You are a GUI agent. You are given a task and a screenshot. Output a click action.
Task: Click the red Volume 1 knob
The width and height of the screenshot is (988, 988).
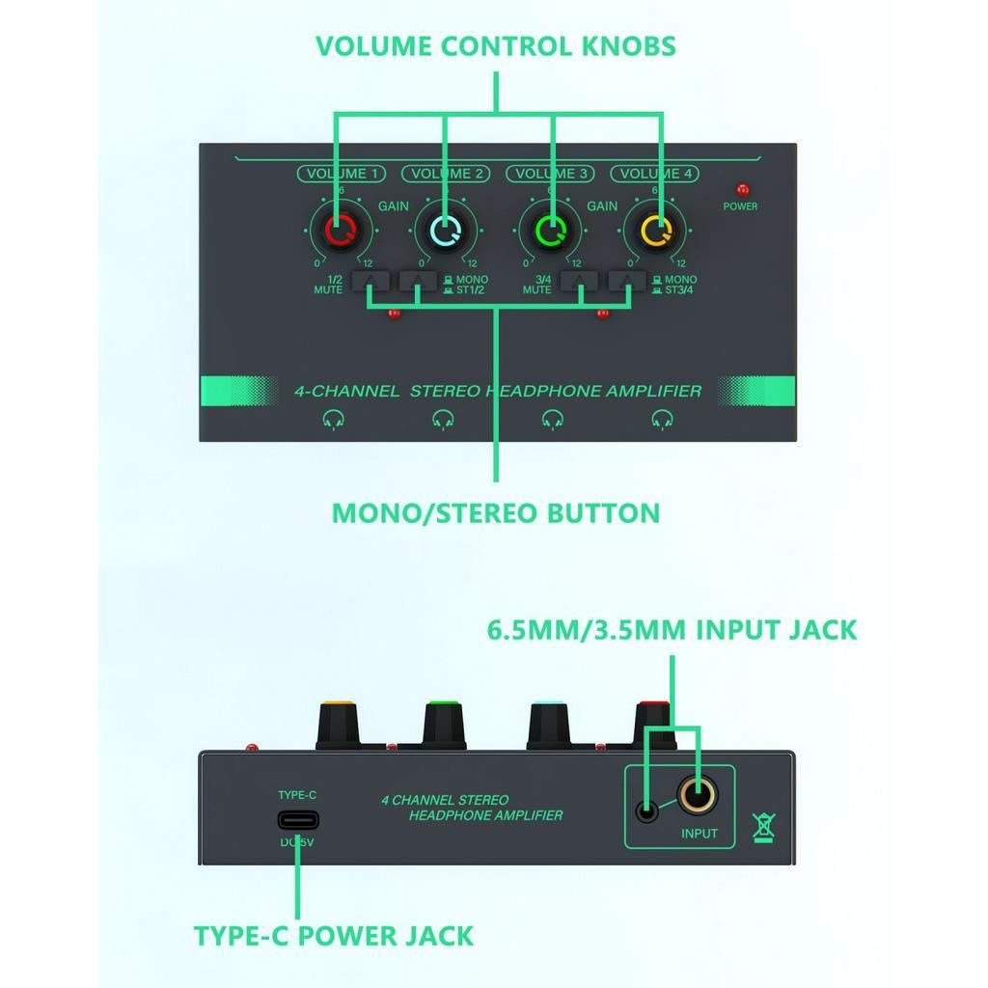point(341,230)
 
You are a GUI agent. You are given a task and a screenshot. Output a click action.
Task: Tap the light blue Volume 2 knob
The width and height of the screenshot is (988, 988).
point(446,230)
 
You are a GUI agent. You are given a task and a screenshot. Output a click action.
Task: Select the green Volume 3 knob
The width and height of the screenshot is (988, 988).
point(550,230)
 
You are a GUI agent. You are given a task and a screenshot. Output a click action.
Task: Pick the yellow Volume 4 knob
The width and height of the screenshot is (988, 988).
point(655,230)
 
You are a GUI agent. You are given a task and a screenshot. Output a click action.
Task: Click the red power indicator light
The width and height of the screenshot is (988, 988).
point(743,189)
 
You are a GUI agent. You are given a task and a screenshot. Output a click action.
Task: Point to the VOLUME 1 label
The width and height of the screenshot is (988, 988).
point(342,174)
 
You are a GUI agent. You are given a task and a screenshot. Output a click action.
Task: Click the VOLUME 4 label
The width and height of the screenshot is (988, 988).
point(655,174)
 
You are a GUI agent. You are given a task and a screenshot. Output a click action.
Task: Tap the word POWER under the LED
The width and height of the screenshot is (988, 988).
point(740,206)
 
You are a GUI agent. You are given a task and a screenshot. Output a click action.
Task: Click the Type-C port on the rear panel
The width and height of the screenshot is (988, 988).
point(298,820)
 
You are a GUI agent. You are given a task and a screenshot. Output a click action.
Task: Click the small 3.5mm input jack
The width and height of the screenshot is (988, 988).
point(646,810)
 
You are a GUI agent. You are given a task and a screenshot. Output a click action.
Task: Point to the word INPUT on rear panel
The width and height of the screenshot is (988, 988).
point(699,833)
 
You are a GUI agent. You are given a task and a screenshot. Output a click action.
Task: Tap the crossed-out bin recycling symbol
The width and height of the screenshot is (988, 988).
point(764,827)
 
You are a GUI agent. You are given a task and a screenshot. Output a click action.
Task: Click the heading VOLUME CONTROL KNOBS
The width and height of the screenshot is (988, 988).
point(495,46)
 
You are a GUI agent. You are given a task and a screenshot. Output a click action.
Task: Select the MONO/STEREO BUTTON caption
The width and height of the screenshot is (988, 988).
point(495,513)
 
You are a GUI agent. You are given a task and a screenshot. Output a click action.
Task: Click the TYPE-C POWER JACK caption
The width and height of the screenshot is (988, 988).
point(333,936)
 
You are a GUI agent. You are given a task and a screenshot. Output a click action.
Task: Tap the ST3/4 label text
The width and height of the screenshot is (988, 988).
point(678,289)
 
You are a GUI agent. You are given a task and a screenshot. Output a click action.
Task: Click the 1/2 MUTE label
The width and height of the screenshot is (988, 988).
point(329,285)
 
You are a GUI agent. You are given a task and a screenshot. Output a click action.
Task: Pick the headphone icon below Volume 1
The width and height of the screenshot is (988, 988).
point(333,419)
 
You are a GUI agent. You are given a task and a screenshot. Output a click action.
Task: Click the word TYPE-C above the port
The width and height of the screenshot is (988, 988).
point(297,795)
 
